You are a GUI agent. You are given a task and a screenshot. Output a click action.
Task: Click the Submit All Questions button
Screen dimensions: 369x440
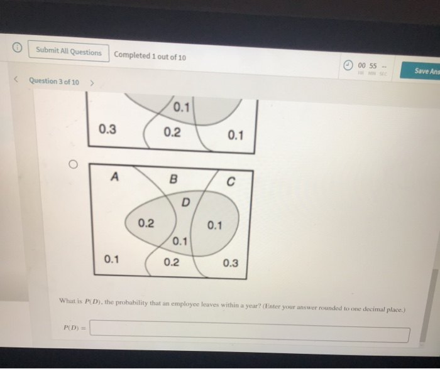(x=68, y=53)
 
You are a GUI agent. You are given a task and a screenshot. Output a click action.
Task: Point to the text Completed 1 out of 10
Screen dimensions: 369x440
(x=150, y=55)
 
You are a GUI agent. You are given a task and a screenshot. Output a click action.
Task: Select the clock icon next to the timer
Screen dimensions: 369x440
(x=347, y=66)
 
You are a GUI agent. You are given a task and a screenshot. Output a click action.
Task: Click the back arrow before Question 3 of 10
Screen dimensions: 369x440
(x=17, y=80)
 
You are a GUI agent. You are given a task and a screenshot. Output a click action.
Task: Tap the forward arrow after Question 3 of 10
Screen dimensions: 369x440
(x=92, y=83)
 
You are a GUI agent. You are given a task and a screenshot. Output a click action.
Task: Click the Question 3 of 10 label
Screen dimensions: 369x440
(x=54, y=82)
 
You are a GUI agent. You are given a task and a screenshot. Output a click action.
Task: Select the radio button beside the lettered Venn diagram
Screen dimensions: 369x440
(x=73, y=164)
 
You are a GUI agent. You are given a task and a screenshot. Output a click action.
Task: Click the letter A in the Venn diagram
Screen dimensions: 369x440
(x=114, y=177)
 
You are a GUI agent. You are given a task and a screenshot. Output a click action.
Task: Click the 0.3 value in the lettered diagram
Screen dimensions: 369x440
(x=230, y=263)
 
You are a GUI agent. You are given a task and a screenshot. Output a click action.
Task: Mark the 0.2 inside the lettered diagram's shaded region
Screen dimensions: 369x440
(x=146, y=223)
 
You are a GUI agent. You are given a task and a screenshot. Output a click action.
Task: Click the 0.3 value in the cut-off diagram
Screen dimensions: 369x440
(x=107, y=129)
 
